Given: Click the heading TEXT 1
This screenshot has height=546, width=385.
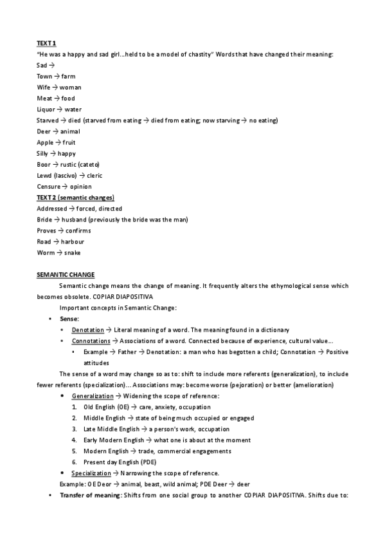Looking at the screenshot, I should (46, 43).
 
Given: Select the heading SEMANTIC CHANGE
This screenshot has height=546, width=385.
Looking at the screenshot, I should (66, 274).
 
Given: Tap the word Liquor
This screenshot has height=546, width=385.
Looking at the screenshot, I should (45, 109).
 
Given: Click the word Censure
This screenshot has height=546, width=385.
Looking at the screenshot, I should (49, 187).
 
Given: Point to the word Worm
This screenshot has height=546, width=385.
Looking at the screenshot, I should (44, 252).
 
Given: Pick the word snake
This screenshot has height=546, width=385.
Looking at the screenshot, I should (71, 252).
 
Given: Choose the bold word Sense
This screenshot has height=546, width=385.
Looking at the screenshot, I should (69, 319).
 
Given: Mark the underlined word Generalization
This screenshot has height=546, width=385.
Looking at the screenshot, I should (93, 395).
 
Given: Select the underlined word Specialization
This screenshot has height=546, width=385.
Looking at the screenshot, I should (92, 473).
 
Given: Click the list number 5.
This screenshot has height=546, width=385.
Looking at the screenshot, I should (75, 451).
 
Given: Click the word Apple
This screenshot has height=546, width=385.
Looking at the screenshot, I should (45, 142).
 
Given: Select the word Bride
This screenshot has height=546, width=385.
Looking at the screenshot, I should (44, 220).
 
